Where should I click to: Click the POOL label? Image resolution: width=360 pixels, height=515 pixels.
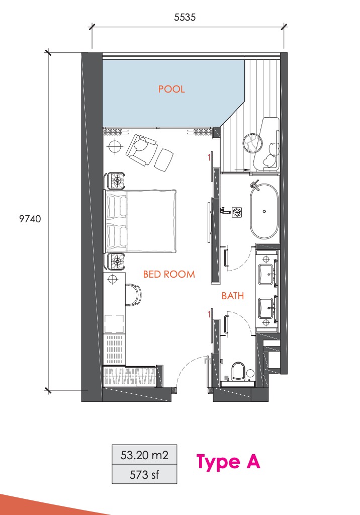(171, 89)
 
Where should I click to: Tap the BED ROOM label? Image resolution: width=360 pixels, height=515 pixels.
(169, 274)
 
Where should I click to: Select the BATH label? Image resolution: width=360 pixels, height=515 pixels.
(233, 296)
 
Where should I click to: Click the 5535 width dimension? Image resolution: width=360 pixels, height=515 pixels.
(185, 17)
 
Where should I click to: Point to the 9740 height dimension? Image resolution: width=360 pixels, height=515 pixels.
(30, 219)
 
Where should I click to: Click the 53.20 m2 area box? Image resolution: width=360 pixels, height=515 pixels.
(144, 455)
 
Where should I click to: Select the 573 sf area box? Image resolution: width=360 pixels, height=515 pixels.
(144, 474)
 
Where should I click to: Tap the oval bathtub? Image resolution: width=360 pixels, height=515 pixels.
(264, 211)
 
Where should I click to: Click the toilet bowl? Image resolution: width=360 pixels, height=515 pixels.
(238, 371)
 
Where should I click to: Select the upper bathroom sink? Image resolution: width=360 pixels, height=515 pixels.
(266, 274)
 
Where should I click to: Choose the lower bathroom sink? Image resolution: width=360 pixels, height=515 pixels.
(266, 308)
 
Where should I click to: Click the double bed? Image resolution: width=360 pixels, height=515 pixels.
(141, 221)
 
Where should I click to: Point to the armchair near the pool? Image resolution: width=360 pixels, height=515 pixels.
(140, 149)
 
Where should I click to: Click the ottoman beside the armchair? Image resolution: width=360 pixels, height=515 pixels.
(164, 159)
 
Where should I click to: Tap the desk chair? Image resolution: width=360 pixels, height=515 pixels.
(133, 295)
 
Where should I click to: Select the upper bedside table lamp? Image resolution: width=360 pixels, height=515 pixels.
(117, 181)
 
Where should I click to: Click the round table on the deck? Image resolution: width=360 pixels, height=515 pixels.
(253, 143)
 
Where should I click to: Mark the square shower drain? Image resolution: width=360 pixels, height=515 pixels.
(237, 212)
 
